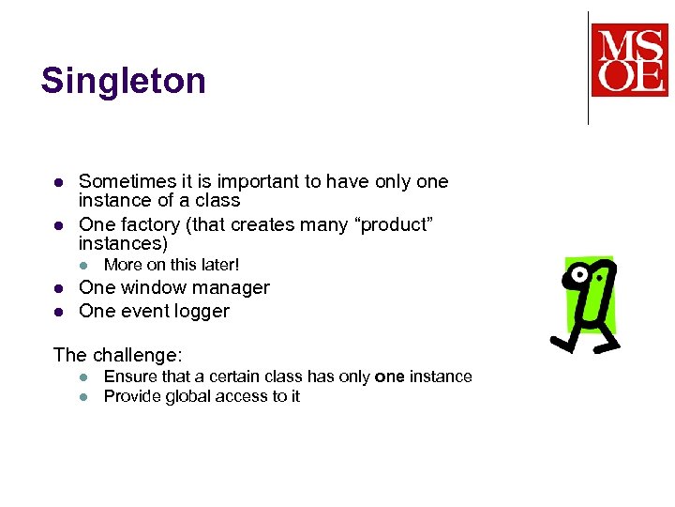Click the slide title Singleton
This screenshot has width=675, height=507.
[123, 82]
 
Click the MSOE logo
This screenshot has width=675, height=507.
[629, 61]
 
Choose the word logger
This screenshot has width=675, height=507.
[202, 311]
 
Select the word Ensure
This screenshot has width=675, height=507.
[130, 376]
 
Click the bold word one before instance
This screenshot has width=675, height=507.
[389, 376]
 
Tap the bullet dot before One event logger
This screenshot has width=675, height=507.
[58, 311]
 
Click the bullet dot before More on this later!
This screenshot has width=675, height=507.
[83, 265]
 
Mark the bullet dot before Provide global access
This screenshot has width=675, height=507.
[83, 396]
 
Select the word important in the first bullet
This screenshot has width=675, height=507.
[232, 181]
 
